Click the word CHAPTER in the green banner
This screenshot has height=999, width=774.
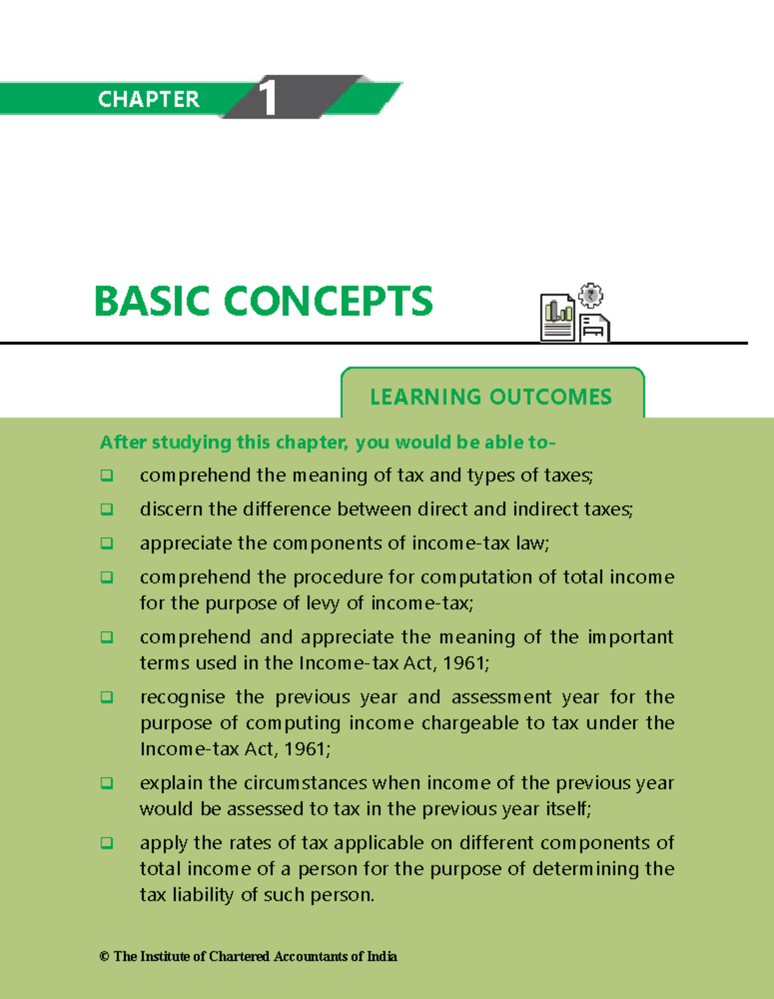coord(148,99)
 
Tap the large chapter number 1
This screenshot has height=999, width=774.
coord(268,98)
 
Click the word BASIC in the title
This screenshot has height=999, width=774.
coord(152,301)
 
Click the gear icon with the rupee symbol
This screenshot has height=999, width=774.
coord(590,296)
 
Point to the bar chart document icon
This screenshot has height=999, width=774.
coord(557,318)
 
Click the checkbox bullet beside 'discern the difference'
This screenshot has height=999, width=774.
coord(107,509)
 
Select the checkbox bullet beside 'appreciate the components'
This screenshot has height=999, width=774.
coord(107,543)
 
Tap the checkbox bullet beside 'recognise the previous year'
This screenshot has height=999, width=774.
coord(107,697)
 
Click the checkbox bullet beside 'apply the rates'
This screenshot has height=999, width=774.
coord(107,843)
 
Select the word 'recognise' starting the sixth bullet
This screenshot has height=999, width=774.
coord(183,697)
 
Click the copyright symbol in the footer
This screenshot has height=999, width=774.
coord(104,956)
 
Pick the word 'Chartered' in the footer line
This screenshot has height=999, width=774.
coord(239,956)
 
